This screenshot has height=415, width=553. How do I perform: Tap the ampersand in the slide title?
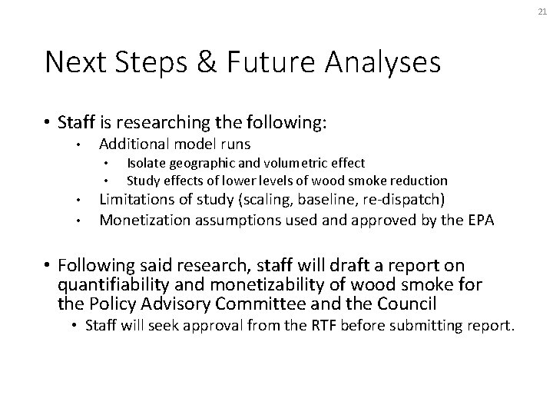point(212,62)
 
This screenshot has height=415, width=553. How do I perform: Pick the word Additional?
point(131,144)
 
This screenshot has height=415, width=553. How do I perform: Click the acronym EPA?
point(477,221)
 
